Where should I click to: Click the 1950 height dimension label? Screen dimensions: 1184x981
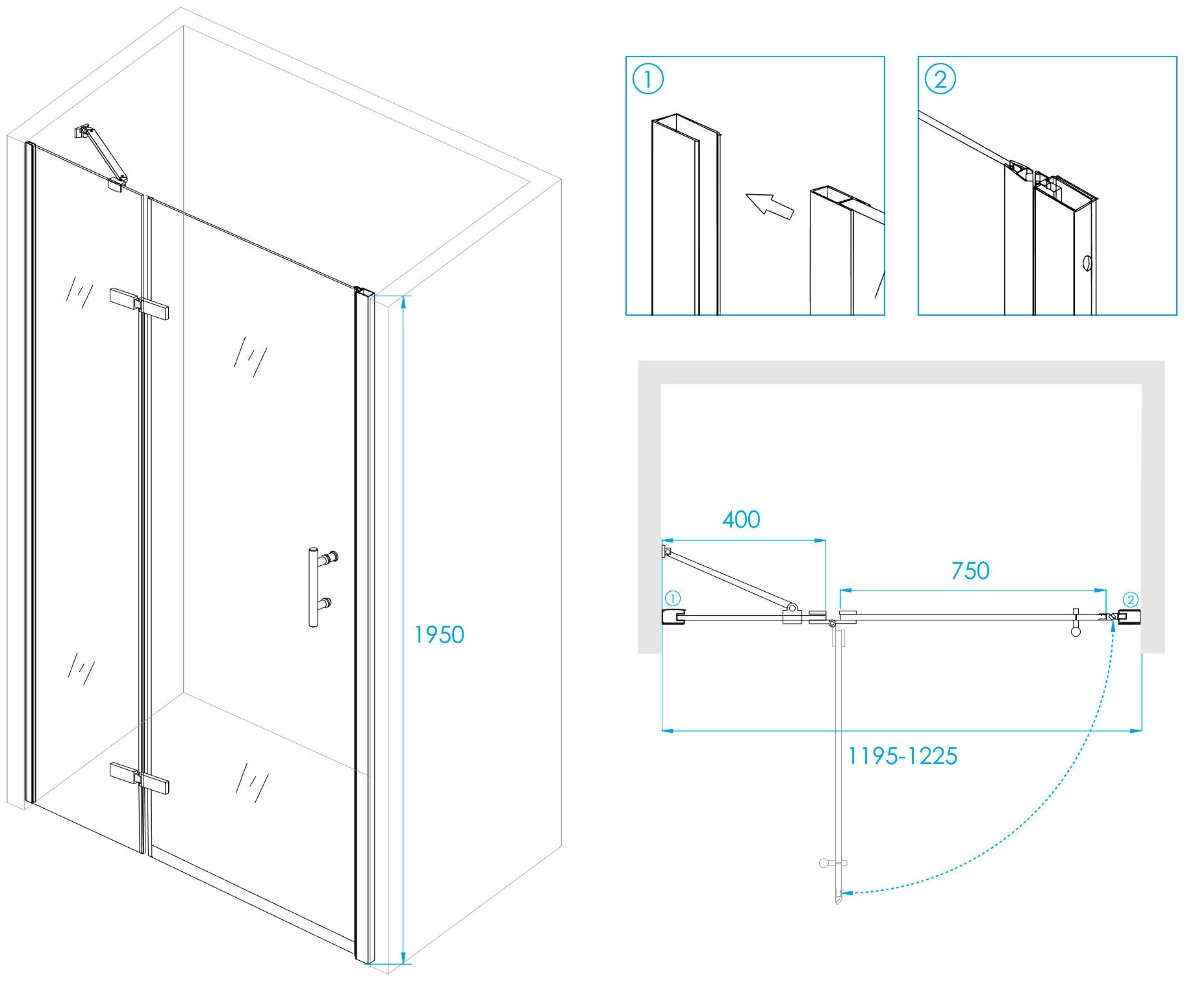[x=440, y=635]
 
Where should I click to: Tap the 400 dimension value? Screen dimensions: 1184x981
[x=741, y=520]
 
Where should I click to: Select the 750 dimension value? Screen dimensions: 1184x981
[x=970, y=571]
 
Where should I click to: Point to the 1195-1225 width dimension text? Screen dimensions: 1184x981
[x=902, y=756]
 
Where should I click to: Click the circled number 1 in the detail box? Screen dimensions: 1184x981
[x=648, y=79]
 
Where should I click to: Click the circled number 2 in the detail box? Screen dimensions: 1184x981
[x=940, y=79]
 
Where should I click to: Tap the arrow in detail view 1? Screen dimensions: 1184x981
[x=770, y=205]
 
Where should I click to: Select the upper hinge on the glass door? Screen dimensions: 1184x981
[x=140, y=304]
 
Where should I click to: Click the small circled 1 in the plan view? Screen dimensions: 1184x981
[x=673, y=598]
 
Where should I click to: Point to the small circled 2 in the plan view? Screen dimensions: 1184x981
[x=1130, y=600]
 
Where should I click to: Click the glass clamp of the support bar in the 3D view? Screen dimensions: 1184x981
[x=118, y=183]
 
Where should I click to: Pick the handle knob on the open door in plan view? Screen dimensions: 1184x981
[x=825, y=863]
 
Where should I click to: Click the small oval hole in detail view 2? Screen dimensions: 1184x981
[x=1087, y=263]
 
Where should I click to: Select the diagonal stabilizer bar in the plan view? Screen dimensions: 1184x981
[x=727, y=578]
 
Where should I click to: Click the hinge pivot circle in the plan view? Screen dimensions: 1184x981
[x=832, y=624]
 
